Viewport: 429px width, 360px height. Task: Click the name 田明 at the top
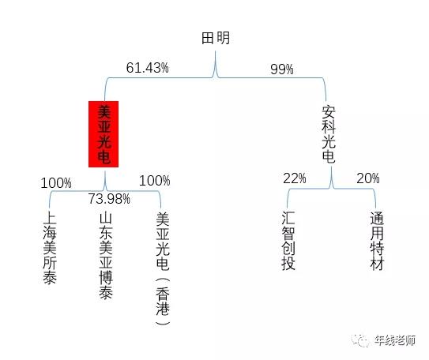click(x=216, y=38)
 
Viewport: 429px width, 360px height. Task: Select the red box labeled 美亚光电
click(x=103, y=134)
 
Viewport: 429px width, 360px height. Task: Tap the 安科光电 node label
click(x=329, y=134)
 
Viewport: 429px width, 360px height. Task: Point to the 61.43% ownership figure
click(x=148, y=68)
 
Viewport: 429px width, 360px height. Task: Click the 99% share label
click(x=282, y=69)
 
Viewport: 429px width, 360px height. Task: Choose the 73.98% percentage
click(x=109, y=199)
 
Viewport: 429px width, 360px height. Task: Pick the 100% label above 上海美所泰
click(x=56, y=183)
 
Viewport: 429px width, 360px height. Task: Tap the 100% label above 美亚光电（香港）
click(x=155, y=181)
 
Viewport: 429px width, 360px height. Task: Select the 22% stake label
click(x=295, y=178)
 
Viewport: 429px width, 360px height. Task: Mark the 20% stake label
click(x=368, y=178)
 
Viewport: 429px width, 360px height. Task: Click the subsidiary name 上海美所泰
click(x=50, y=247)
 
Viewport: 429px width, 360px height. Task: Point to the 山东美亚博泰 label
click(x=106, y=256)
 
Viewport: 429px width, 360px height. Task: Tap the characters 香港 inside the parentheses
click(x=163, y=302)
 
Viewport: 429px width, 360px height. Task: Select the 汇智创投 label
click(x=288, y=241)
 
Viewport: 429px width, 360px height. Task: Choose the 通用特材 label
click(x=377, y=241)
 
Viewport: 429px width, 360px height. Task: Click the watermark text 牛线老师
click(x=395, y=340)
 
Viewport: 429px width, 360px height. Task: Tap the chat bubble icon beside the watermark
click(x=360, y=340)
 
